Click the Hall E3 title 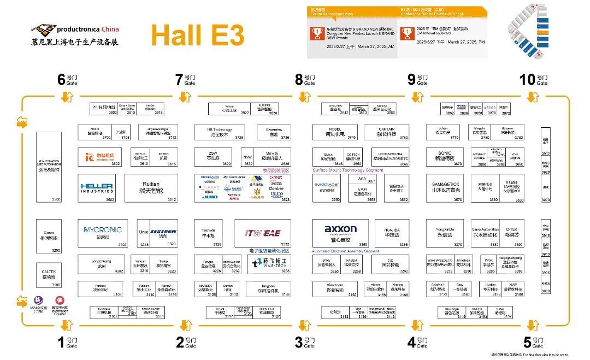[197, 35]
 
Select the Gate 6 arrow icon [66, 97]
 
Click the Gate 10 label [534, 80]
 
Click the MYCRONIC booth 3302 [103, 233]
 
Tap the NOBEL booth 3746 [335, 132]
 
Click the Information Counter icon [60, 300]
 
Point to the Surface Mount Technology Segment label [347, 170]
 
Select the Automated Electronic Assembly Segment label [345, 251]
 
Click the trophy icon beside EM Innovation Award [406, 34]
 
